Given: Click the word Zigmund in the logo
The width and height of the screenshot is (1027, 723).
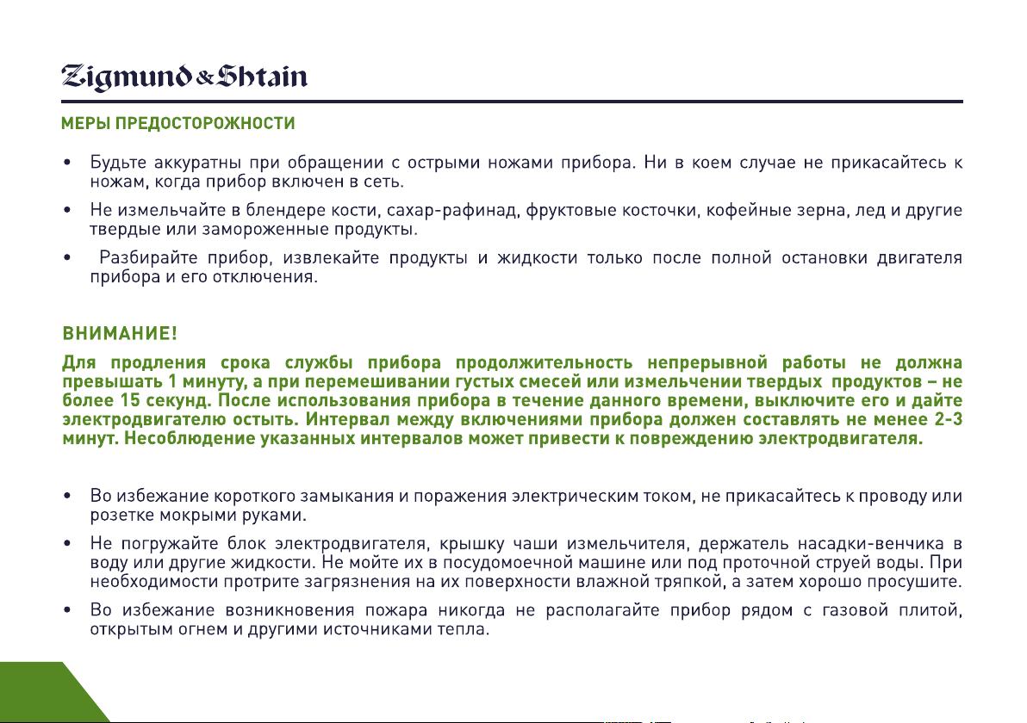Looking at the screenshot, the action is (127, 77).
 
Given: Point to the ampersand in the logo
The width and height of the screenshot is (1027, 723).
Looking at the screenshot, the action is (204, 79).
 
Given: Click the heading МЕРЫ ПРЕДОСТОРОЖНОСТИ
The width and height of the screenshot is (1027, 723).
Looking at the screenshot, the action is (178, 123).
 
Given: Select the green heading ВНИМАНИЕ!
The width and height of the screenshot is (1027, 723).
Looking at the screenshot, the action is (120, 334).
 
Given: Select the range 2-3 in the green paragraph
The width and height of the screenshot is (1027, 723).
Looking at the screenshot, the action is (947, 419).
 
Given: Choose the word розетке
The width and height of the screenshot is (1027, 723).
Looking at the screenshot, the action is (121, 516).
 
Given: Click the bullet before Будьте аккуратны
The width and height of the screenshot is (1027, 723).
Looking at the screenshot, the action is (67, 163).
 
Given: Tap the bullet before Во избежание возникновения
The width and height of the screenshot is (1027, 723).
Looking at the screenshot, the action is (67, 610).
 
